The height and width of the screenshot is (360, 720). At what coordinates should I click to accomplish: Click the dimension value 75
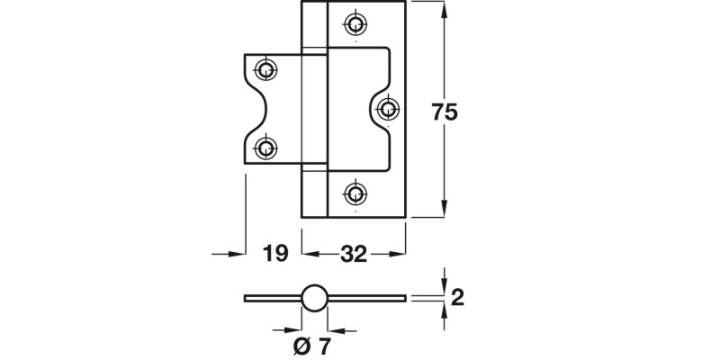coord(445,112)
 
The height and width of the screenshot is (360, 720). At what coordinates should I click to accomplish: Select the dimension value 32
coord(355,254)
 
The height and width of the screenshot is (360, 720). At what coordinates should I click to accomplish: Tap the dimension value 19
coord(276,254)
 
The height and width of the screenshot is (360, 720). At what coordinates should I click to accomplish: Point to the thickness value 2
coord(457,297)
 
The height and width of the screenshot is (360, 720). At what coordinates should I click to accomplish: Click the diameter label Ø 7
coord(312,344)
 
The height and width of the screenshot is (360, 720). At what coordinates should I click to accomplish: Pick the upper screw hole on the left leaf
coord(265,69)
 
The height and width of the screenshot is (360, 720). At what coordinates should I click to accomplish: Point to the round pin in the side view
coord(312,298)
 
